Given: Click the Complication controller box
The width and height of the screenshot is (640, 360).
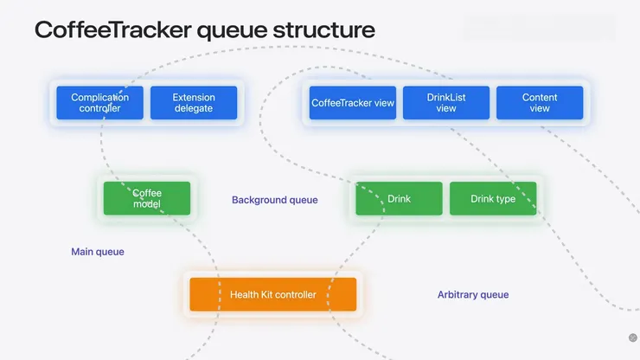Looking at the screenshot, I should [99, 103].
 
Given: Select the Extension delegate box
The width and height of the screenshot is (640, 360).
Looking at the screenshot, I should [193, 103].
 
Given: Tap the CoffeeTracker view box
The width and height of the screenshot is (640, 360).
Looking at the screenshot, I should [352, 103].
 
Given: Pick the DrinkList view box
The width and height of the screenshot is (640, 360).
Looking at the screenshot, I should [446, 103].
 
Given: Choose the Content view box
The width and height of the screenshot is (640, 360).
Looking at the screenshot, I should [540, 103].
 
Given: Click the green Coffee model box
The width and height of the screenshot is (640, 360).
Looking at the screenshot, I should [147, 198].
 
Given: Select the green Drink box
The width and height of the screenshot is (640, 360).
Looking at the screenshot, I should [399, 198].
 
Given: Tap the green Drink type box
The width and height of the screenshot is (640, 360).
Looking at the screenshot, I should [493, 198].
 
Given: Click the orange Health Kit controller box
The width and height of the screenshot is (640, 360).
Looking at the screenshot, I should [272, 294].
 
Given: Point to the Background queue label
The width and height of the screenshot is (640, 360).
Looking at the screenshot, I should [274, 200].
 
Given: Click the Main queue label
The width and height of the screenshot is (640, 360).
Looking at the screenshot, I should [98, 252].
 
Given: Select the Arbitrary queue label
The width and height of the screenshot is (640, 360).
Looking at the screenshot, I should [473, 295].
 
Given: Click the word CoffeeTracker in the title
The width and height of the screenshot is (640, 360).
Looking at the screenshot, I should [112, 29].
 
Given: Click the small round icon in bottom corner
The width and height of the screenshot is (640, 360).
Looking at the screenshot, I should [632, 337].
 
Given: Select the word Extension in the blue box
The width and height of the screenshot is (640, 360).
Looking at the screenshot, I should [194, 97].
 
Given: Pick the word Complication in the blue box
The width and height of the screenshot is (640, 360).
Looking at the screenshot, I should [99, 97].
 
